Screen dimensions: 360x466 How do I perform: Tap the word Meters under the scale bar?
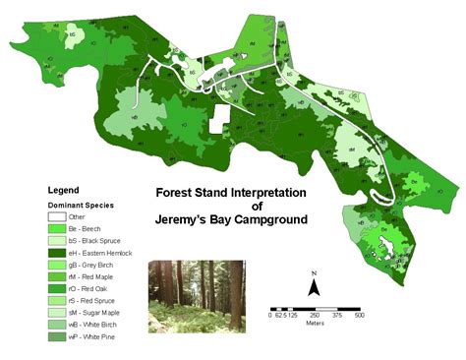[x=314, y=324]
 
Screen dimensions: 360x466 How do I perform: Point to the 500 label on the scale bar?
[x=359, y=315]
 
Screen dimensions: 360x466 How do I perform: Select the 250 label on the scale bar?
[x=314, y=315]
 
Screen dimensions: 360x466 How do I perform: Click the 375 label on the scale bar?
[x=336, y=315]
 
